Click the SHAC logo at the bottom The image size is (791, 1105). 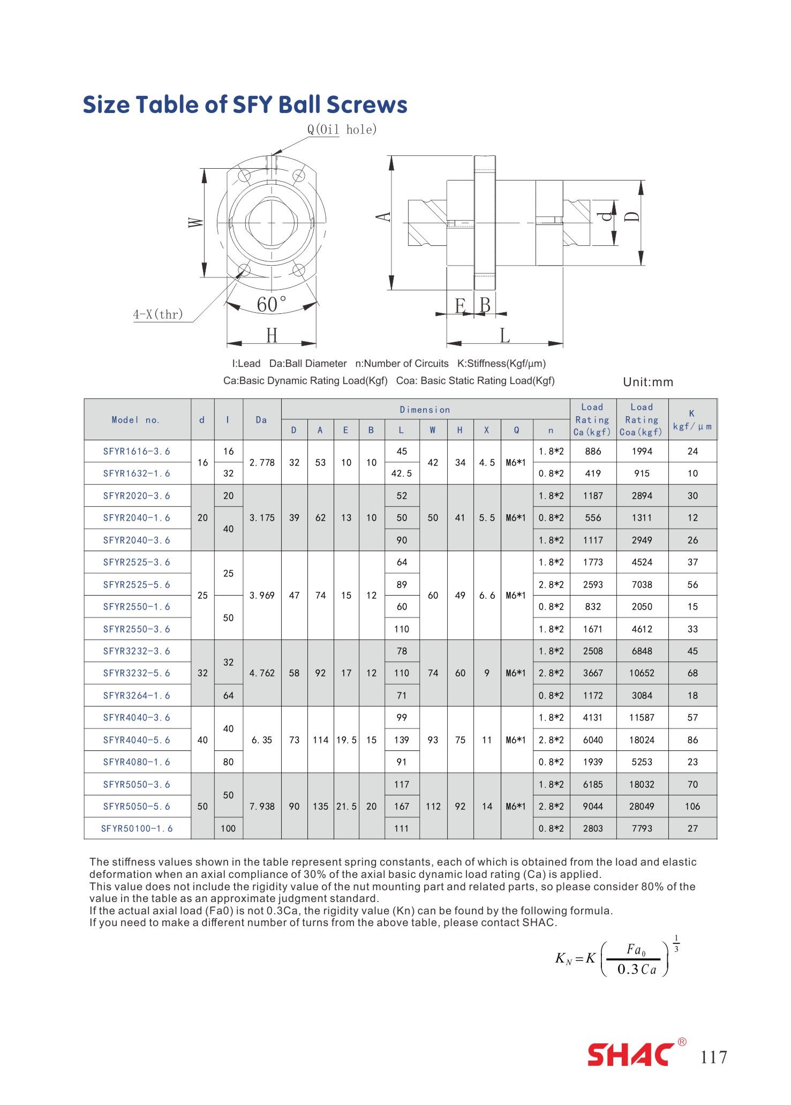[x=631, y=1055]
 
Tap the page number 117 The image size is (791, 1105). [x=714, y=1057]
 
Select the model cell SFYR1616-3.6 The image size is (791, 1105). [x=137, y=452]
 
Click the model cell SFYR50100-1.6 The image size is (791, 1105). [x=137, y=829]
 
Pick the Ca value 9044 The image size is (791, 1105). [x=593, y=806]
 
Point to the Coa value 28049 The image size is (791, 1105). [x=642, y=806]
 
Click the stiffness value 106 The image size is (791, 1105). [x=692, y=806]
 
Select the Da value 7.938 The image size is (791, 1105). [x=262, y=806]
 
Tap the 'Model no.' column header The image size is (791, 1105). [x=136, y=420]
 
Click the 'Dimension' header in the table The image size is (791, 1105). [x=425, y=410]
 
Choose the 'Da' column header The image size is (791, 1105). [x=261, y=420]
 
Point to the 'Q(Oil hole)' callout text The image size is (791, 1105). [x=342, y=129]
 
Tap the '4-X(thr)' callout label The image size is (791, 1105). [x=158, y=314]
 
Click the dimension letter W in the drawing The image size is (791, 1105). [x=196, y=222]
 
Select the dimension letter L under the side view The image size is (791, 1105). [x=504, y=336]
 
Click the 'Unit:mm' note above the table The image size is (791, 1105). [x=648, y=382]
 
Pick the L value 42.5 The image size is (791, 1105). [x=402, y=473]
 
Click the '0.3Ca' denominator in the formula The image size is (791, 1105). [x=637, y=969]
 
